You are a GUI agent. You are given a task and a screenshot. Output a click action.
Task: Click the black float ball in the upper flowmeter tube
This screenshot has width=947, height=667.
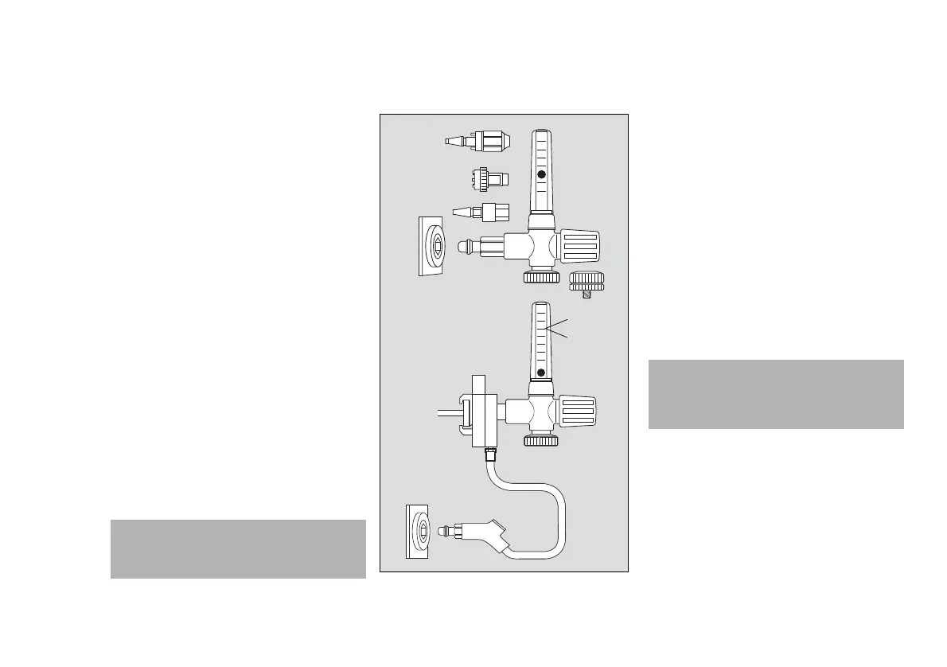click(x=541, y=174)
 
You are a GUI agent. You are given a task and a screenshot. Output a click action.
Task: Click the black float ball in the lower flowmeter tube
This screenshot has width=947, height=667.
click(x=541, y=373)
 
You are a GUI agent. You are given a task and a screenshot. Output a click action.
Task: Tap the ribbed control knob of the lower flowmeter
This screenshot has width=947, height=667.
click(x=579, y=412)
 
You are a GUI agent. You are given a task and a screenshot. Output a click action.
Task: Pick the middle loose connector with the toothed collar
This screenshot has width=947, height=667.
click(x=487, y=179)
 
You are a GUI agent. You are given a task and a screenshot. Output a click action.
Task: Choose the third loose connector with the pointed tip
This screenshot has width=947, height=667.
click(x=481, y=213)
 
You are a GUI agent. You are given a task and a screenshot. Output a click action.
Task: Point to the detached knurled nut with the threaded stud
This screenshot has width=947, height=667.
click(x=587, y=282)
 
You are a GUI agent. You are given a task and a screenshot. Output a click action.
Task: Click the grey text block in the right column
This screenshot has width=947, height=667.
click(x=776, y=394)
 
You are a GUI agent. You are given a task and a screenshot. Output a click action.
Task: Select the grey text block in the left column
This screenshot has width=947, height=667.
click(x=237, y=548)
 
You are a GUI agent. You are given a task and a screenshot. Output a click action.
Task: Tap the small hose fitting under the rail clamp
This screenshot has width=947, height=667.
click(x=489, y=456)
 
